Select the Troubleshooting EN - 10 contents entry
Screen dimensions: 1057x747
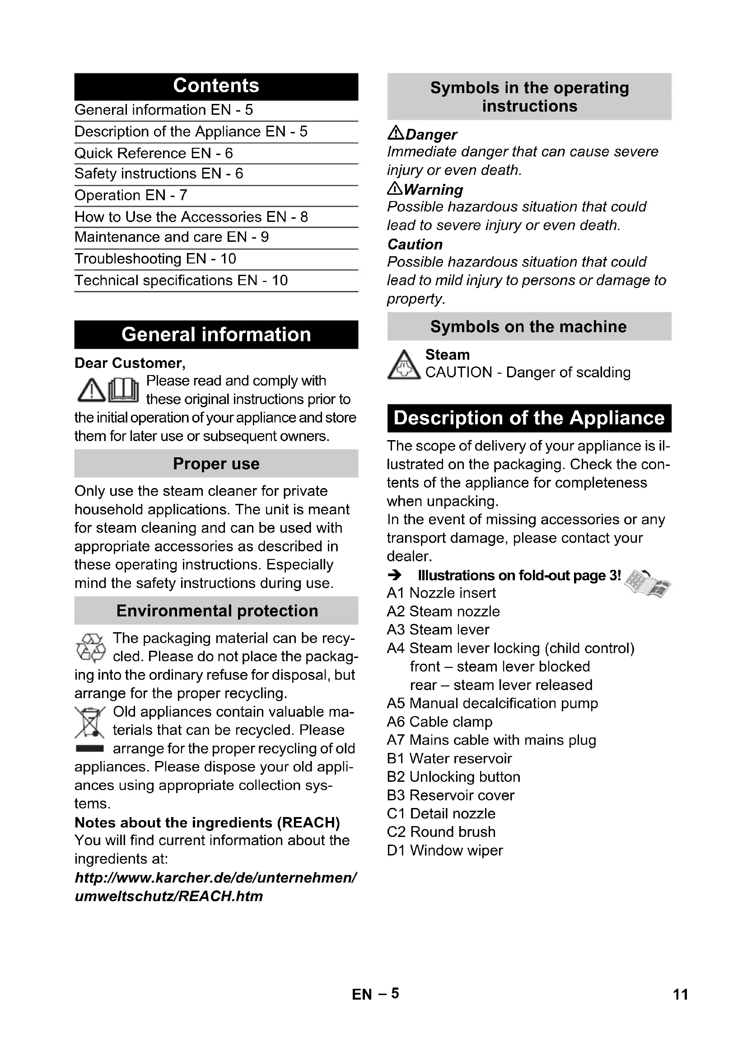pyautogui.click(x=155, y=259)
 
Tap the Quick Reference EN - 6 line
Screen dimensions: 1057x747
pyautogui.click(x=154, y=153)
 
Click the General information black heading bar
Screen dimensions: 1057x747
pyautogui.click(x=216, y=335)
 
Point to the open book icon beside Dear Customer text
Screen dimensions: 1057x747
pyautogui.click(x=124, y=390)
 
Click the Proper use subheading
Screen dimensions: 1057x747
pyautogui.click(x=216, y=464)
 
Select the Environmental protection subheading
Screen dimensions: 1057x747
pyautogui.click(x=216, y=611)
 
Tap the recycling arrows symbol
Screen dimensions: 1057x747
pyautogui.click(x=91, y=647)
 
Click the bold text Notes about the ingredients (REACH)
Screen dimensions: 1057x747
pyautogui.click(x=207, y=822)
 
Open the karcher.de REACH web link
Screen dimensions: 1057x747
pyautogui.click(x=215, y=887)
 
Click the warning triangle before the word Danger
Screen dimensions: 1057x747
pyautogui.click(x=396, y=133)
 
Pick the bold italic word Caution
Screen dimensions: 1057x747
pyautogui.click(x=415, y=244)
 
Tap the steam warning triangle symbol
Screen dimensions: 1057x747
pyautogui.click(x=403, y=366)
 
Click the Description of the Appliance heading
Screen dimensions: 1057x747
pyautogui.click(x=529, y=418)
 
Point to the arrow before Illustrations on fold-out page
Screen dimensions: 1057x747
pyautogui.click(x=395, y=575)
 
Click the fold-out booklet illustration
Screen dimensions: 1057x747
pyautogui.click(x=648, y=583)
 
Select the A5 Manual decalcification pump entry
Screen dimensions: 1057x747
pyautogui.click(x=492, y=704)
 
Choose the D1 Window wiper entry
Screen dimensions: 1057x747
pyautogui.click(x=445, y=850)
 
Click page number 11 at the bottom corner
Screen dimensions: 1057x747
pyautogui.click(x=680, y=995)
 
